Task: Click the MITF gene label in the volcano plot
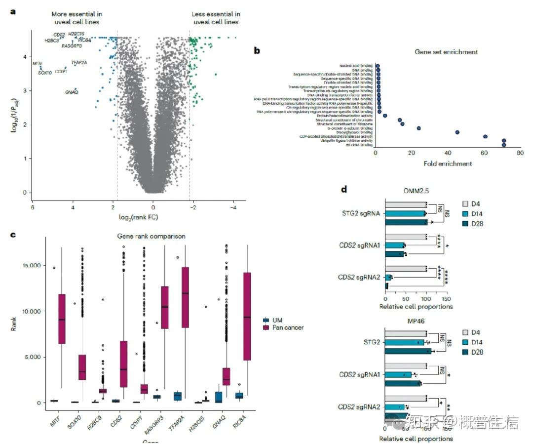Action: click(x=38, y=64)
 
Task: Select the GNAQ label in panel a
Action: click(x=71, y=92)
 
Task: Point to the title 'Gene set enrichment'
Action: click(x=446, y=51)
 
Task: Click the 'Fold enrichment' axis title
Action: click(x=447, y=163)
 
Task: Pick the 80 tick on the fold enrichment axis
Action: click(x=520, y=154)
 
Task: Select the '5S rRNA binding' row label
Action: click(x=360, y=145)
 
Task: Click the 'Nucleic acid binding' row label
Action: click(x=356, y=65)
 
